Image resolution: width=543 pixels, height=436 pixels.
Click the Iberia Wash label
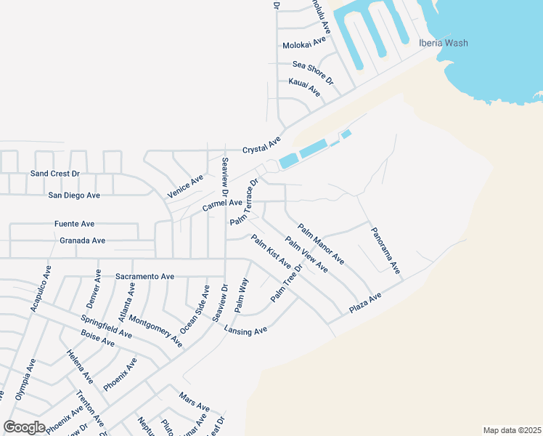click(x=443, y=43)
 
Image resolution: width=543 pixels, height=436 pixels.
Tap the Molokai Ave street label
click(x=306, y=45)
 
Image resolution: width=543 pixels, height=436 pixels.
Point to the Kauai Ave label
click(x=304, y=88)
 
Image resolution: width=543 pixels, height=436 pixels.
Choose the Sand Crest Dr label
click(x=54, y=174)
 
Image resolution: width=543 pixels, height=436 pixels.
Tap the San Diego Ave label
click(x=73, y=195)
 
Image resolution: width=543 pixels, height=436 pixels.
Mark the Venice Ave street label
click(x=186, y=187)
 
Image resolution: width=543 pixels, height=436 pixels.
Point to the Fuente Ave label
click(x=74, y=224)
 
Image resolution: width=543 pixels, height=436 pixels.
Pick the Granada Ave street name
click(x=83, y=241)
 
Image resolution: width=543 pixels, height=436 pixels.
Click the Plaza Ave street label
click(x=364, y=304)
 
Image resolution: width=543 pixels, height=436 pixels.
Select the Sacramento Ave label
click(x=145, y=277)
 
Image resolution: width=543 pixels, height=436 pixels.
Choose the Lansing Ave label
click(x=245, y=330)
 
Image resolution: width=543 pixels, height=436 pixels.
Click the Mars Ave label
click(x=194, y=401)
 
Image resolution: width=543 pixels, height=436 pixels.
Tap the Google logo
click(x=24, y=427)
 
